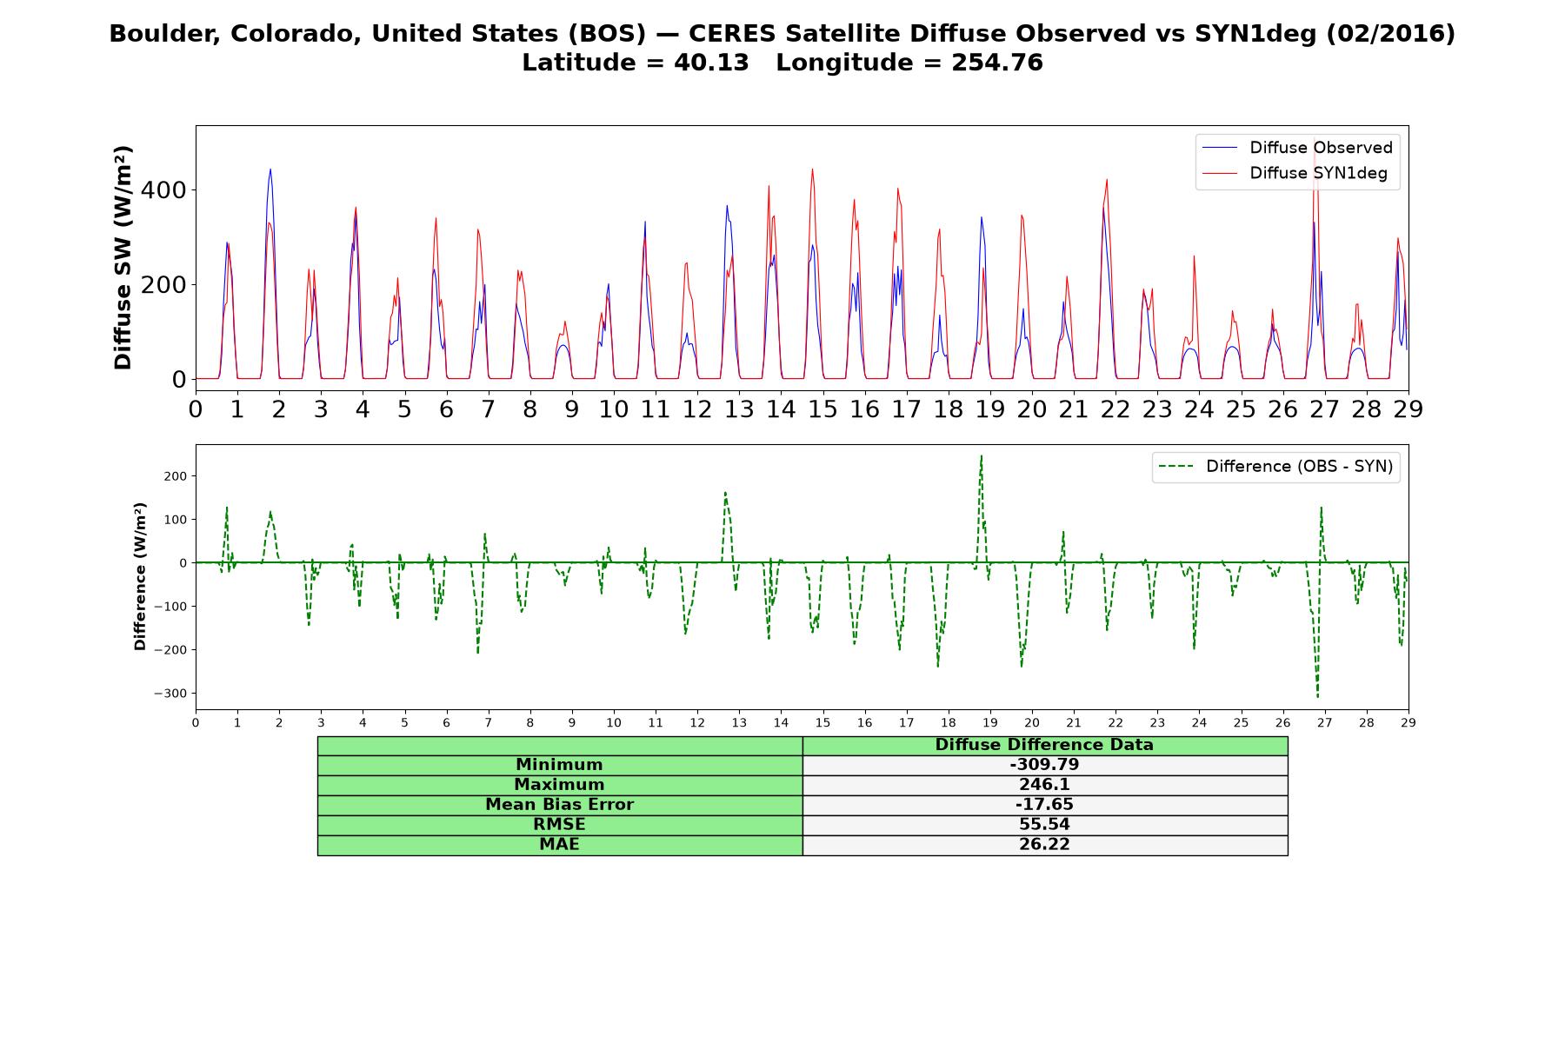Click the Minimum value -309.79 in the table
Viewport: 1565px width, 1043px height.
tap(1044, 765)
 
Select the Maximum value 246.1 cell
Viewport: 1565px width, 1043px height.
tap(1044, 785)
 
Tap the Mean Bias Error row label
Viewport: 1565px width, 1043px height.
tap(559, 805)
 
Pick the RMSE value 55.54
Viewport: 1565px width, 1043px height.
tap(1044, 825)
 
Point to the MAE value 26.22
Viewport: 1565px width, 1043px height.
tap(1044, 845)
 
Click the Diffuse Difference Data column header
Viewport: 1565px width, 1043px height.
tap(1044, 745)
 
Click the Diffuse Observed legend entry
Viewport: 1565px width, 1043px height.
tap(1297, 148)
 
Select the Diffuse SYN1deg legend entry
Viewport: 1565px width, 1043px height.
tap(1295, 173)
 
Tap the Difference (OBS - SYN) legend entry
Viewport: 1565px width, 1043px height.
tap(1276, 467)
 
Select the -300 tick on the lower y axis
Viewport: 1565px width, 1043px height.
tap(170, 694)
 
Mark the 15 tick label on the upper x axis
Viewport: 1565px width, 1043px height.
tap(822, 409)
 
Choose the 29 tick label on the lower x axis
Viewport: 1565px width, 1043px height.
tap(1408, 722)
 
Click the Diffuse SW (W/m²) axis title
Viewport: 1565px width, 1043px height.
tap(123, 258)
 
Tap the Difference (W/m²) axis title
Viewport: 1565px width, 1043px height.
tap(140, 576)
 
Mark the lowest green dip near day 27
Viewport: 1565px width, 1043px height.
tap(1317, 697)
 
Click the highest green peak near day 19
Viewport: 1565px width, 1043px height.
tap(982, 455)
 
